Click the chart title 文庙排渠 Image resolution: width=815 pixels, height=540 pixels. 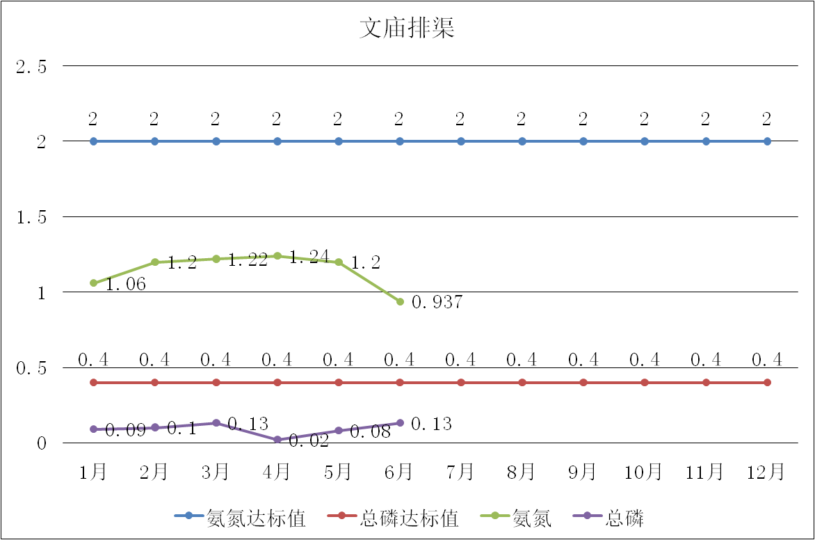[x=407, y=29]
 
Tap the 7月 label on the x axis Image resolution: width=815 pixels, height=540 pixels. [x=460, y=472]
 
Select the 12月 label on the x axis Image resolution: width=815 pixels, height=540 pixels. [x=766, y=472]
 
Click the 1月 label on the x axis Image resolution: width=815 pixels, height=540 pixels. [x=92, y=472]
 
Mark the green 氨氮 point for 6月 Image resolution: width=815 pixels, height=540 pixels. [x=400, y=301]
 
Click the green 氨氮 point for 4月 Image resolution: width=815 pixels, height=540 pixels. [x=277, y=256]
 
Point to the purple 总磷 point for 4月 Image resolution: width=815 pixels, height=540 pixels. [x=277, y=440]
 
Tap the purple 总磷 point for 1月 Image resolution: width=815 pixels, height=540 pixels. [x=93, y=429]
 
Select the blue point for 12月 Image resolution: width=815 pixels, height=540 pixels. [x=767, y=141]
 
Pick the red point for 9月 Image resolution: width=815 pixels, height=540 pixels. [x=583, y=383]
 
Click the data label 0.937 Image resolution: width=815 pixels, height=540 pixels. [x=437, y=303]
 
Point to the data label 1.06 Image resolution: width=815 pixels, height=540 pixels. [x=125, y=285]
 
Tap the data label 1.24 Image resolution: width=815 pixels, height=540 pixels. [x=308, y=258]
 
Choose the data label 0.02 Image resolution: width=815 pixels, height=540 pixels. [x=309, y=441]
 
